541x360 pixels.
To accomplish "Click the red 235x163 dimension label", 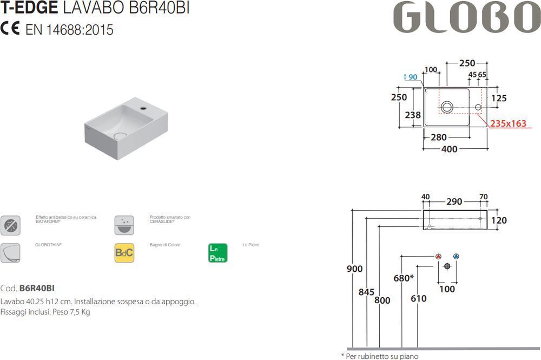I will (508, 123).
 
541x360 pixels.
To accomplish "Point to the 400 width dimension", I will (450, 149).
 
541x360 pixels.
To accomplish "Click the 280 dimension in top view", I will (439, 138).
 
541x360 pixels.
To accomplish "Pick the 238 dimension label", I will (413, 114).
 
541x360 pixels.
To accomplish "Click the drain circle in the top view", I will (447, 107).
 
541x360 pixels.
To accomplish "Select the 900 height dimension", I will (355, 269).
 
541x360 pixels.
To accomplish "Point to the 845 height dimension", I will (366, 292).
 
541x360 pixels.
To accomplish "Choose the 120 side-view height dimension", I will (499, 220).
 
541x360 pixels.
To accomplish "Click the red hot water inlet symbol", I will (438, 256).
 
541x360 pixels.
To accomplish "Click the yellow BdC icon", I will (124, 253).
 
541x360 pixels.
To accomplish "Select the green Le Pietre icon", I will (217, 253).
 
